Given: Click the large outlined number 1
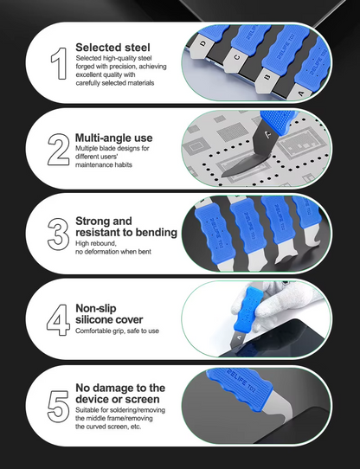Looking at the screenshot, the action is point(59,63).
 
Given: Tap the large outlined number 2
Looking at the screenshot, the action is point(58,150).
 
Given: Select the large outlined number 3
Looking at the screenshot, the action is point(58,234).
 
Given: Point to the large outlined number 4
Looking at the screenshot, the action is point(58,320).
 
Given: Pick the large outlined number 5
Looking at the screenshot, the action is point(58,407).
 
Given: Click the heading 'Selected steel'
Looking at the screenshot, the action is point(112,48).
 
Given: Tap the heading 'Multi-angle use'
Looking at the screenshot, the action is point(113,138).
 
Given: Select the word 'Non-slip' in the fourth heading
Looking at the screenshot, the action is point(96,308).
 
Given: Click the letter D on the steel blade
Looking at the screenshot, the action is point(203,43).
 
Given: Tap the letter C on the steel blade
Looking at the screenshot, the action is point(237,57).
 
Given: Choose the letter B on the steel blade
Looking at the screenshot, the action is point(267,78).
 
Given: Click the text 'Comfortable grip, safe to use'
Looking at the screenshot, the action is point(117,331).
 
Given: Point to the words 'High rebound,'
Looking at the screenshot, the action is point(96,243).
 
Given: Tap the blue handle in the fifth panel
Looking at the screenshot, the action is point(240,388).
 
